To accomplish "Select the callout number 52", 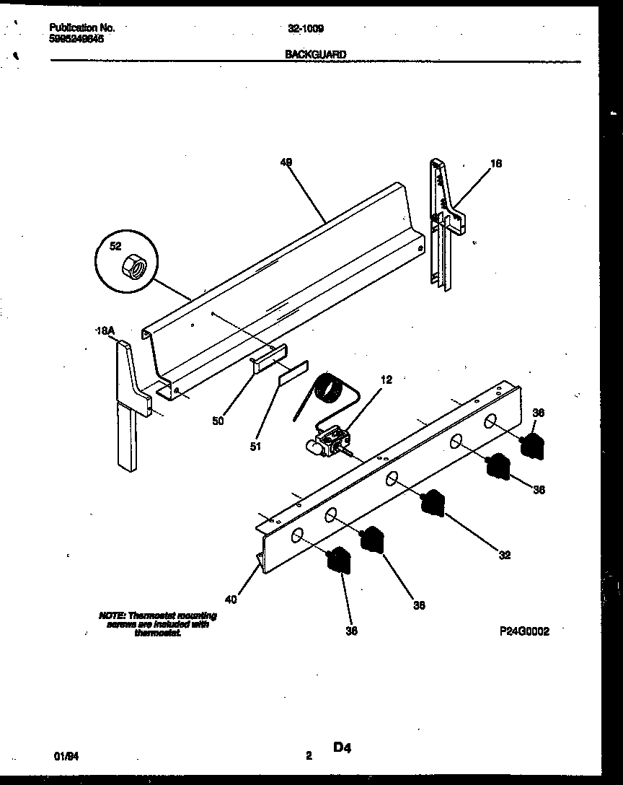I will click(x=115, y=246).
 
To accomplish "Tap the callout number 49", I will click(x=286, y=163).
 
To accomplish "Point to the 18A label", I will click(x=105, y=330).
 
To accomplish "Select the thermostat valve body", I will click(x=332, y=441).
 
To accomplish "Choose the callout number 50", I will click(x=218, y=421).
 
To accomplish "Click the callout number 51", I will click(x=255, y=447).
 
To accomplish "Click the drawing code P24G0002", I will click(x=524, y=630).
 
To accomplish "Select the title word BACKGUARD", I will click(x=316, y=54).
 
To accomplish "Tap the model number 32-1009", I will click(x=306, y=29).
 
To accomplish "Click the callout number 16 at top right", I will click(x=495, y=164).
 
